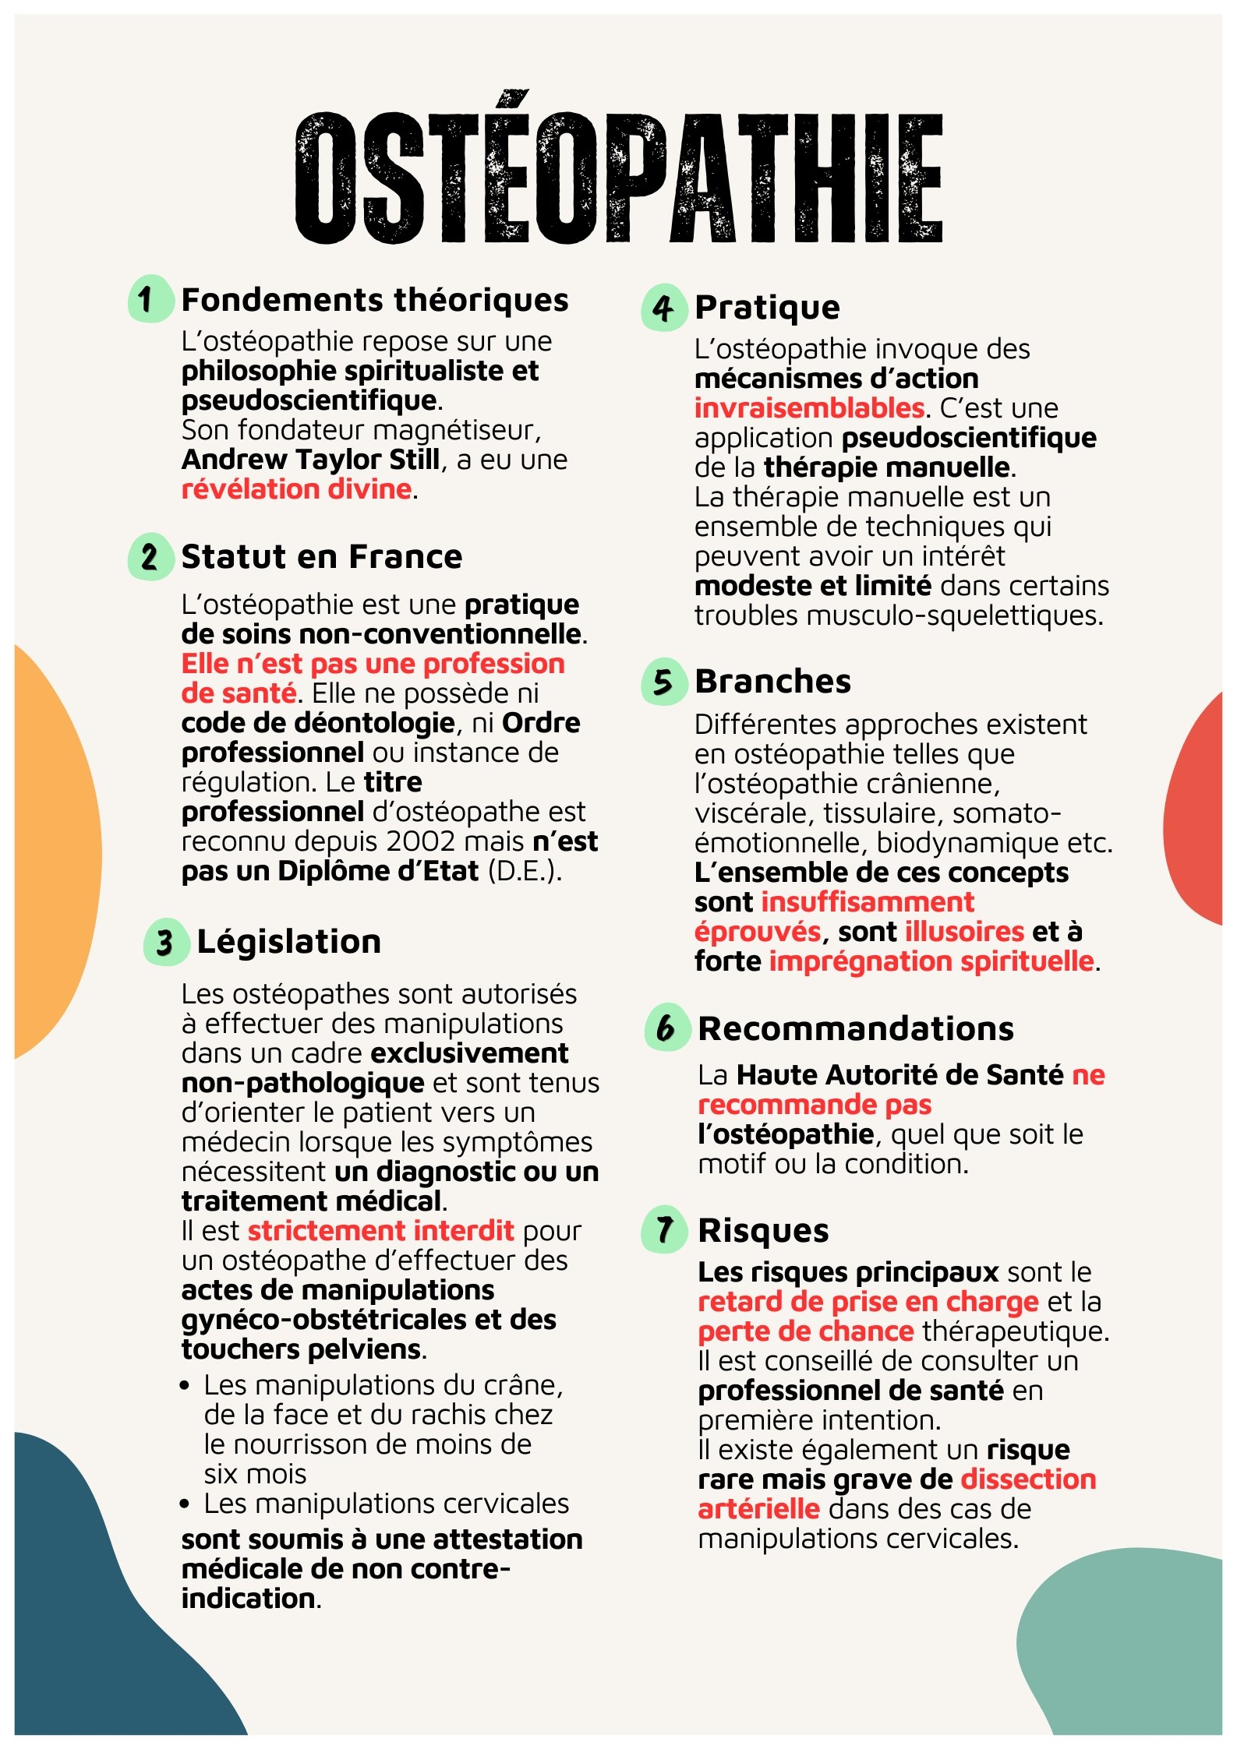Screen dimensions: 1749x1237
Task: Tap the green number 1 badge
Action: [x=149, y=299]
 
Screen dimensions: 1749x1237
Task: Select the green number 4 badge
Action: [x=663, y=308]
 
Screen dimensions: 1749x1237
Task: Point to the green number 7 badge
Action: [x=663, y=1230]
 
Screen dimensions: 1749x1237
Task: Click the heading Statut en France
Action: [x=321, y=557]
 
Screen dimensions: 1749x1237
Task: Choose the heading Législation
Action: [x=288, y=942]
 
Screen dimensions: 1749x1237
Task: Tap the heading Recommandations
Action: [x=855, y=1029]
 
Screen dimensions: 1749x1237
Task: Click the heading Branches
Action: [x=772, y=682]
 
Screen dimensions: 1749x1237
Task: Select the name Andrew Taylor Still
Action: [x=310, y=460]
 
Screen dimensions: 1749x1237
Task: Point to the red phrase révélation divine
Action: [x=296, y=489]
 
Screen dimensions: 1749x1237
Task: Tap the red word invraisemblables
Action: [x=809, y=408]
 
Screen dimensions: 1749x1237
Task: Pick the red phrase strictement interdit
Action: [x=380, y=1231]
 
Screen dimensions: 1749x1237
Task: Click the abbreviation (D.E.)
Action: [x=524, y=871]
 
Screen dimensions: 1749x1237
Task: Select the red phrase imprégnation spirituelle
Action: [x=931, y=961]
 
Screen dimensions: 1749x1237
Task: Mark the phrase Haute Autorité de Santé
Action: [x=899, y=1075]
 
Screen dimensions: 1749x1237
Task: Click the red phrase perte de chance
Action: [x=805, y=1331]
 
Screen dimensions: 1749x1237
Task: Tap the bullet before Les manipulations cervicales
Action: [x=185, y=1504]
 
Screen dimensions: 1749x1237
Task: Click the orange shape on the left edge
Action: [x=55, y=849]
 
